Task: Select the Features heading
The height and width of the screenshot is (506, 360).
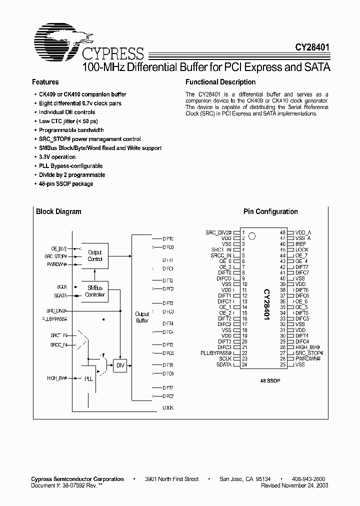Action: (x=45, y=82)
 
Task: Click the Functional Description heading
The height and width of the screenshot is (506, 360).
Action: (x=220, y=82)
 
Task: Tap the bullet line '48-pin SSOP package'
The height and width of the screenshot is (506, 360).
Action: (x=66, y=184)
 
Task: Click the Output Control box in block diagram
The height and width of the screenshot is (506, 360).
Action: (x=94, y=256)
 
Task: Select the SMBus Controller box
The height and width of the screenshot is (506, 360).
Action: (x=94, y=291)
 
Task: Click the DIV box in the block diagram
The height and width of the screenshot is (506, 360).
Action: (x=120, y=365)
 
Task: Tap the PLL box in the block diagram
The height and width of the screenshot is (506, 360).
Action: (x=88, y=379)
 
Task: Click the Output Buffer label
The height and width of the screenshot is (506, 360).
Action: (x=142, y=317)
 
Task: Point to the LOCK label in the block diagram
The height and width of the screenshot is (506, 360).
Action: (x=168, y=408)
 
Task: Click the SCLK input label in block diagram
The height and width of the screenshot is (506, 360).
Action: (x=62, y=287)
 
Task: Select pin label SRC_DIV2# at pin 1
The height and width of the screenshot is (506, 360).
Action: (x=218, y=232)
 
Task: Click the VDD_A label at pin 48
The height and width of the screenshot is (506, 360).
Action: (x=303, y=232)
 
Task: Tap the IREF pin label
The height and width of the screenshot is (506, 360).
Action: (x=300, y=244)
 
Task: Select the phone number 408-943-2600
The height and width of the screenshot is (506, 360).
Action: (x=309, y=478)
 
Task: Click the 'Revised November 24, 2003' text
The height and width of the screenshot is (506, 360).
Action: (x=295, y=485)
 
